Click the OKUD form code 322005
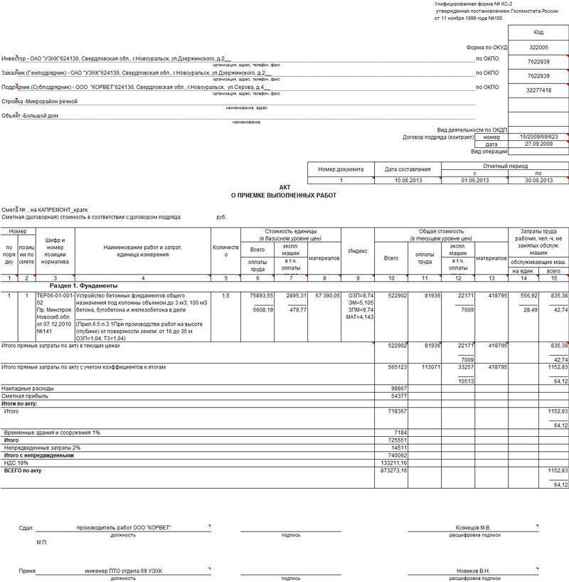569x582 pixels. tap(538, 46)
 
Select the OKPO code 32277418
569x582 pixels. tap(538, 90)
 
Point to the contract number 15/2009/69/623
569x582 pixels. tap(538, 137)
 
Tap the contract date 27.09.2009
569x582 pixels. tap(538, 144)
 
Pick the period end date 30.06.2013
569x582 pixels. tap(538, 181)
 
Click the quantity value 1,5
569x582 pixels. tap(225, 295)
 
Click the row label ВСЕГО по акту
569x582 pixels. tap(23, 470)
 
